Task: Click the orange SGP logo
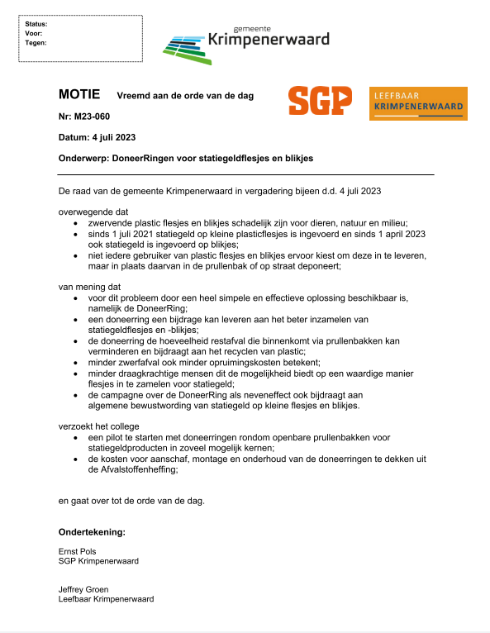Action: click(320, 101)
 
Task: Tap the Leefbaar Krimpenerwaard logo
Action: click(418, 103)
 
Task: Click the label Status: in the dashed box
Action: click(36, 24)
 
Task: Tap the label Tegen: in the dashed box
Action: click(36, 42)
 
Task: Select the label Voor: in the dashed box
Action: click(34, 33)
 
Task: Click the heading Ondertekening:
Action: click(92, 531)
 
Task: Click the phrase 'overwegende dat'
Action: click(93, 212)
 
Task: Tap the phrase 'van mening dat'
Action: click(89, 284)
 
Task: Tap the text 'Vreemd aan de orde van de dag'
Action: click(185, 96)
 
